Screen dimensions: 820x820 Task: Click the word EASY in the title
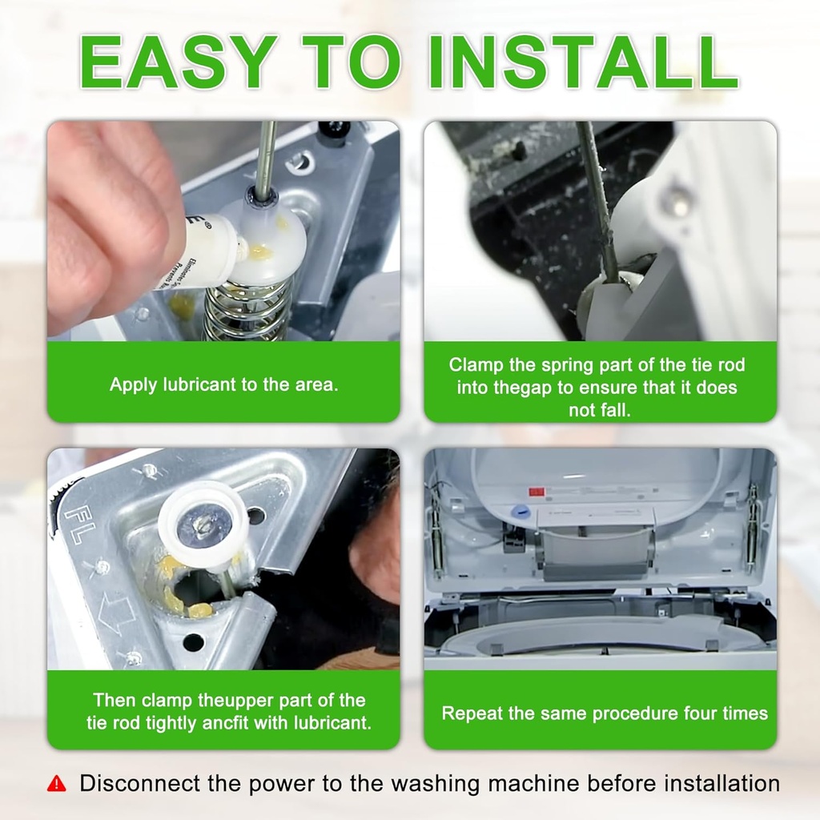point(179,62)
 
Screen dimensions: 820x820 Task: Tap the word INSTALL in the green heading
point(583,62)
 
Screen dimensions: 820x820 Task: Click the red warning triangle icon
point(57,783)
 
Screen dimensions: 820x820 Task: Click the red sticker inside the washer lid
point(537,492)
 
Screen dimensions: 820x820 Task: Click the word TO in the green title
point(352,62)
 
